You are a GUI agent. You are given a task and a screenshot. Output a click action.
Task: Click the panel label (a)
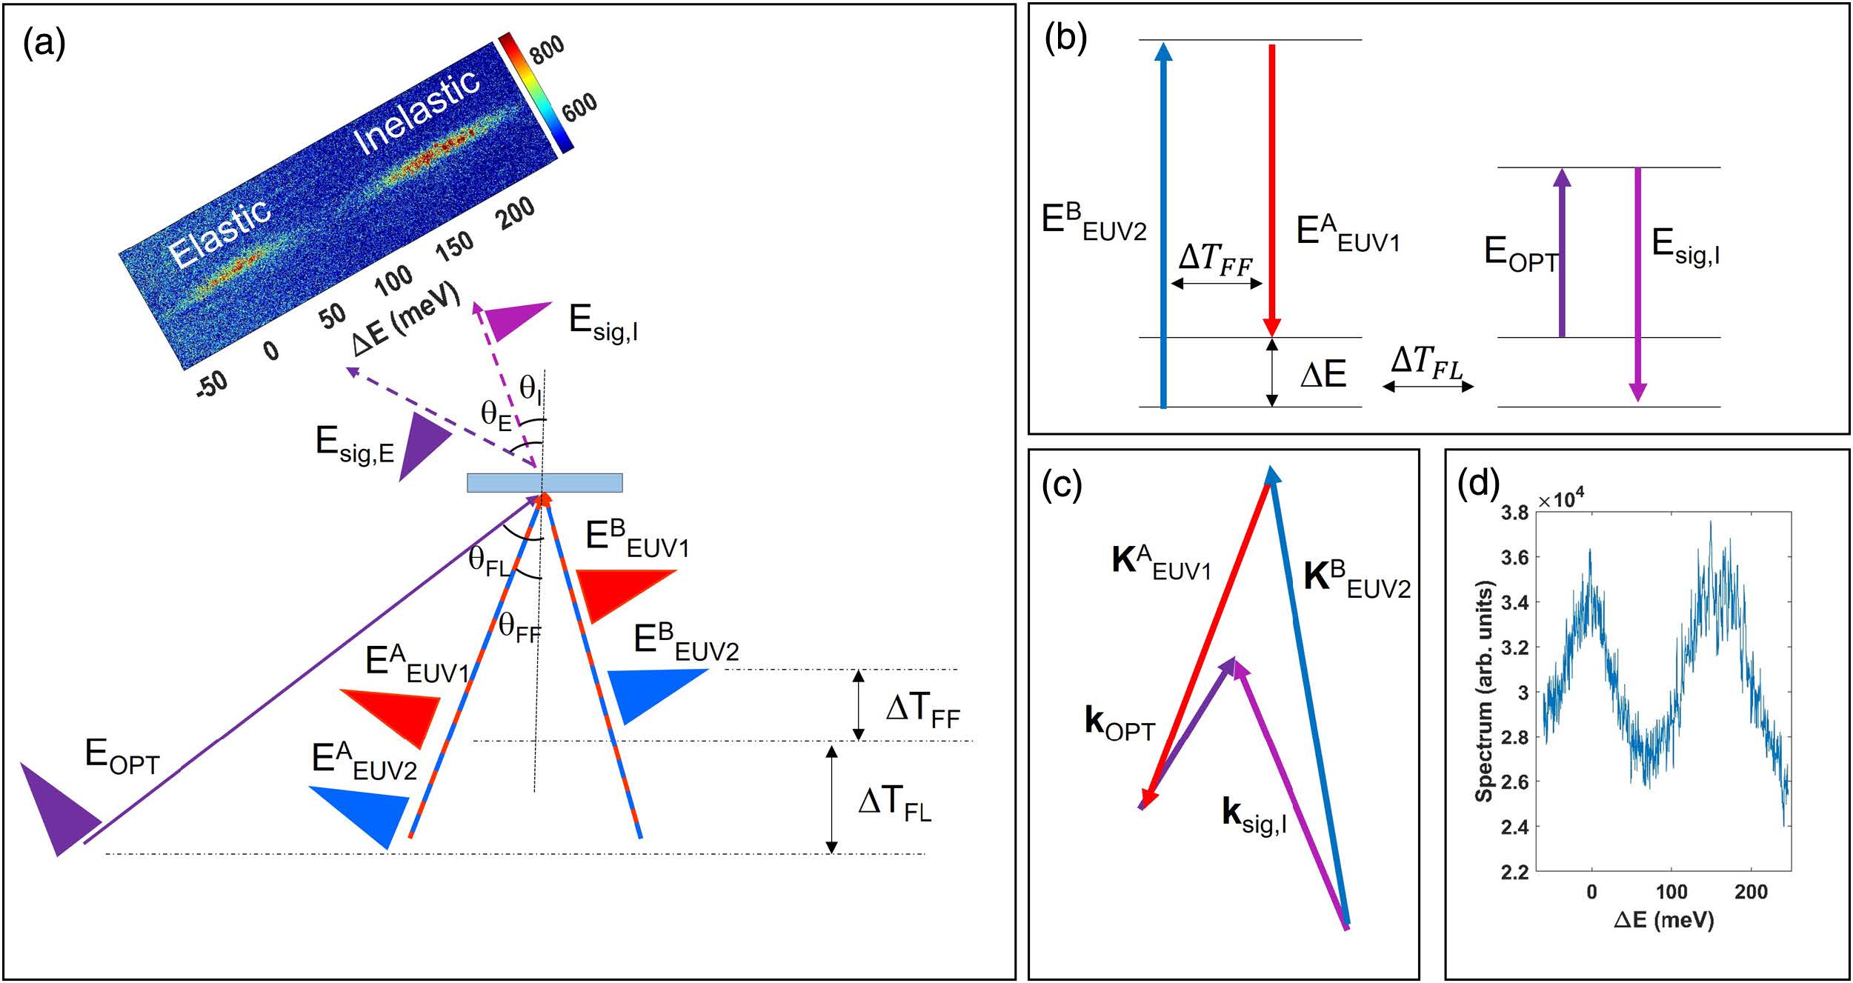(x=44, y=44)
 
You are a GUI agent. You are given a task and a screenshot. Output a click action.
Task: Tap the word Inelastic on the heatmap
(x=416, y=111)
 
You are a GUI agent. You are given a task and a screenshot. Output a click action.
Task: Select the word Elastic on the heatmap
(x=219, y=232)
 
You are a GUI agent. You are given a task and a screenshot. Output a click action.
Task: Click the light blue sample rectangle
(x=545, y=482)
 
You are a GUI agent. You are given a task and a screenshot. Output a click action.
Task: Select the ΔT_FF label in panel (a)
(x=922, y=710)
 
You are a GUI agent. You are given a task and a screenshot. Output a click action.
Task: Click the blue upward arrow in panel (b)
(x=1163, y=225)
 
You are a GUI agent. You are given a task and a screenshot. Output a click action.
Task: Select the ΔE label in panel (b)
(x=1323, y=375)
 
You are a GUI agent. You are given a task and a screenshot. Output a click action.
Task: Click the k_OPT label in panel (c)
(x=1120, y=723)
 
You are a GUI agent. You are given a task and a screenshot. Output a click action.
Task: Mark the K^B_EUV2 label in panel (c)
(x=1357, y=579)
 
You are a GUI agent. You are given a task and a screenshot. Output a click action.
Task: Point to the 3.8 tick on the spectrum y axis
(x=1514, y=513)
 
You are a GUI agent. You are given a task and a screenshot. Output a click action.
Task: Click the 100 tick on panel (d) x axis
(x=1671, y=891)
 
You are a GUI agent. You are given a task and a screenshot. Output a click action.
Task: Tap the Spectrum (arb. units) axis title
(x=1483, y=690)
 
